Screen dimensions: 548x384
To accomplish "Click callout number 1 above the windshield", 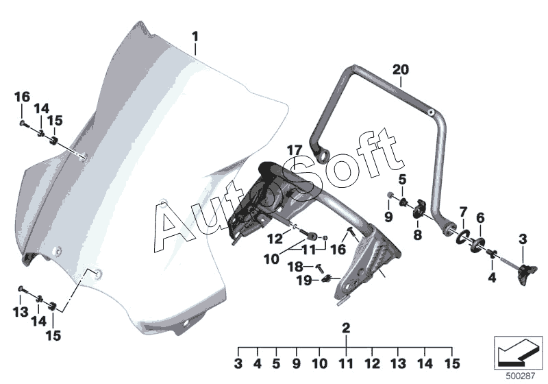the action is coord(195,37).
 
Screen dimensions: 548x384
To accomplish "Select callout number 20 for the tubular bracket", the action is coord(401,70).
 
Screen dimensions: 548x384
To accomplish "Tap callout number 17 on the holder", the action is coord(295,151).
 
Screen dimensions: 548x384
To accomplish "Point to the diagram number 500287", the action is coord(521,376).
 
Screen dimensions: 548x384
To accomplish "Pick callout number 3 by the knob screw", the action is coord(523,239).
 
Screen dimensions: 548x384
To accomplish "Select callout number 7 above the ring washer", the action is coord(463,212).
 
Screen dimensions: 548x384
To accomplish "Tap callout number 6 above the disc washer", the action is coord(481,218).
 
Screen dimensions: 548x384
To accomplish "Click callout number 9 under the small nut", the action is coord(388,217).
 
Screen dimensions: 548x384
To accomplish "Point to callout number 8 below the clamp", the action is coord(418,235).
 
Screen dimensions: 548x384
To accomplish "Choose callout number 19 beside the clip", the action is coord(304,280).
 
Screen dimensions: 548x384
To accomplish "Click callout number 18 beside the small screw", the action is coord(295,267).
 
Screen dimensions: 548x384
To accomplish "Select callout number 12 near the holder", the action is coord(275,239).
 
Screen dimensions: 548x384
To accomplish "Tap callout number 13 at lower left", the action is coord(21,311).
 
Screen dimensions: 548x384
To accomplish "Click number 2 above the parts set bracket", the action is coord(346,328).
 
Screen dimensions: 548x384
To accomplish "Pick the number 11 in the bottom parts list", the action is coord(346,363).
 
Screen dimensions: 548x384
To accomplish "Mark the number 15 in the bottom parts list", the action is coord(452,363).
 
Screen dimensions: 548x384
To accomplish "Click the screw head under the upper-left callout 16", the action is coord(23,123).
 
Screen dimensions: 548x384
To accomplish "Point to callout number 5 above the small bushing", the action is coord(403,180).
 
